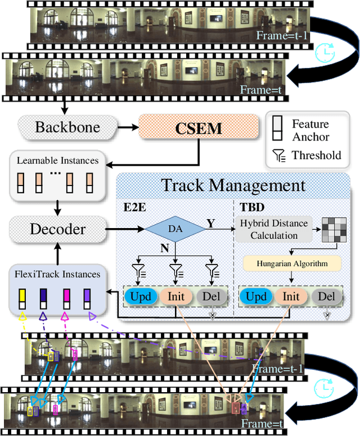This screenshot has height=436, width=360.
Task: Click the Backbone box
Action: (67, 127)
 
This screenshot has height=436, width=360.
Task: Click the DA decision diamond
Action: (176, 229)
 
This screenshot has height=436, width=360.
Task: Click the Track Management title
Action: (233, 185)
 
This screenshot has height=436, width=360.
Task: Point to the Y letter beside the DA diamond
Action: (210, 223)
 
